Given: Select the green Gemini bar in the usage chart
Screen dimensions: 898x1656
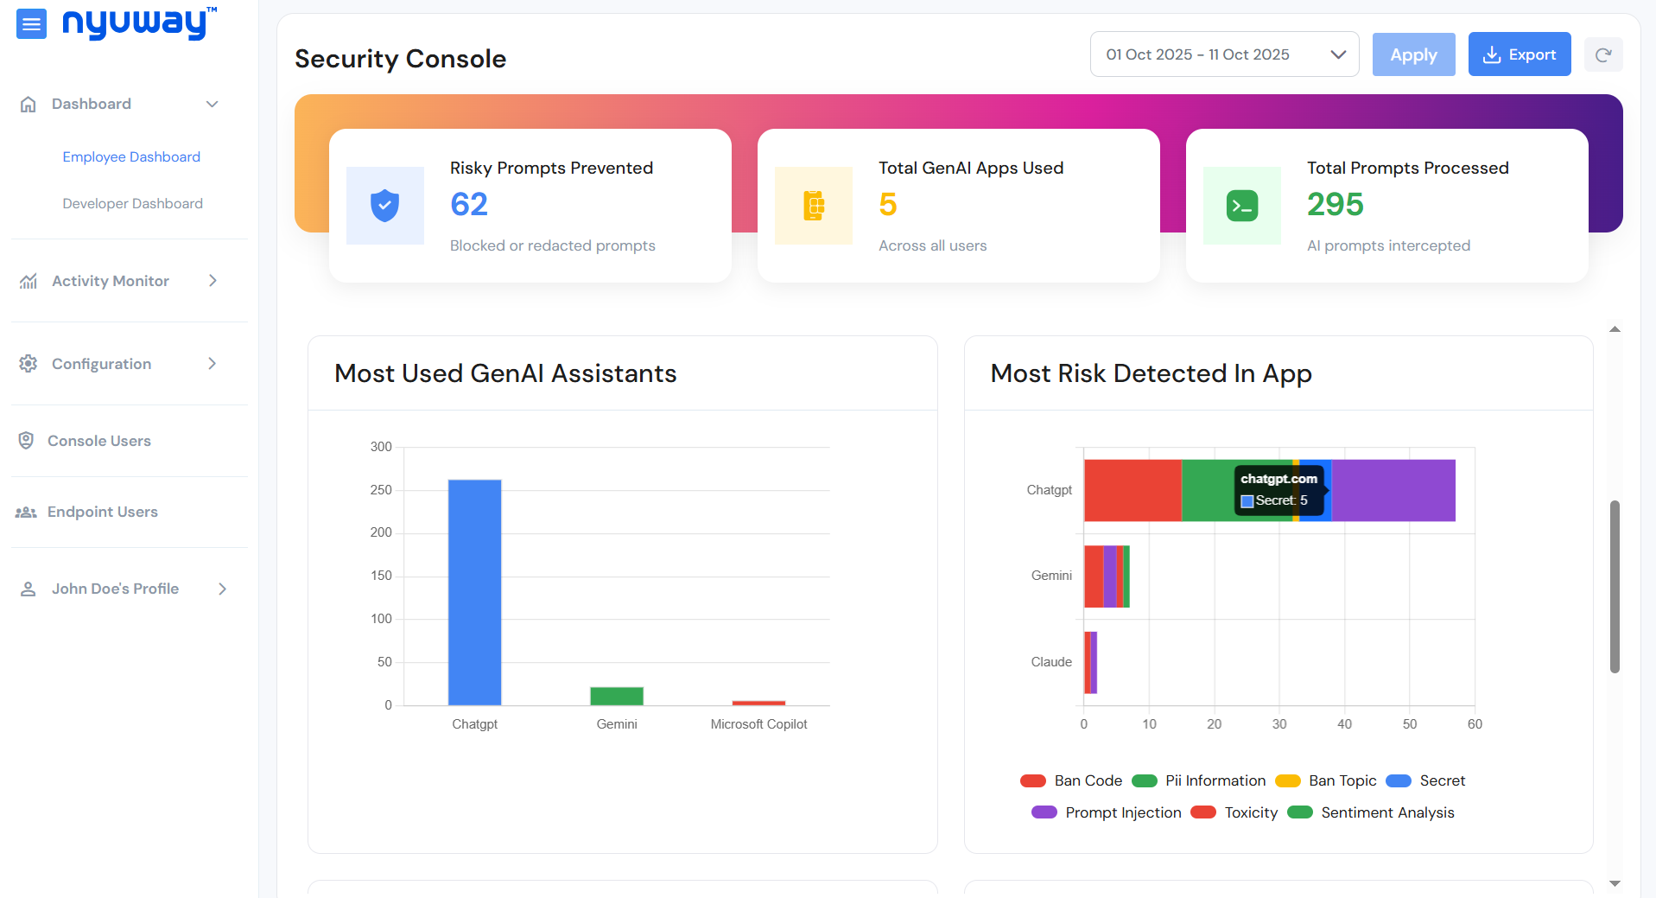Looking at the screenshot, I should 617,696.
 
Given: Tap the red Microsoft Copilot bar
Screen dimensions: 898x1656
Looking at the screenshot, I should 758,703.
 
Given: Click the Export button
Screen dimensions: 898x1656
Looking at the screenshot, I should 1519,54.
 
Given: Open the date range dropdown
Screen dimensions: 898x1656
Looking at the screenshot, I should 1224,54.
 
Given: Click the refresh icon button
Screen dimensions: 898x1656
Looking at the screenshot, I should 1602,55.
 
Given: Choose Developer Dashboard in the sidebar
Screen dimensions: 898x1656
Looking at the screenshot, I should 132,204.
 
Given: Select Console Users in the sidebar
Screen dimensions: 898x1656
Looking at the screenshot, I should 98,441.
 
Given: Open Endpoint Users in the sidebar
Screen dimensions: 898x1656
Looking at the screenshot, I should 102,512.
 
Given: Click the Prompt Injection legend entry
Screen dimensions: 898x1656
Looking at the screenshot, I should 1107,812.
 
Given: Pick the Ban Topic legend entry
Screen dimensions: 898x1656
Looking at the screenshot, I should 1326,780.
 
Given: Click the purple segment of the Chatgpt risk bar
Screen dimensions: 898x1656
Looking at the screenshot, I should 1393,490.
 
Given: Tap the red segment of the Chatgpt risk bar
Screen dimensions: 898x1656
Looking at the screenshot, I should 1132,490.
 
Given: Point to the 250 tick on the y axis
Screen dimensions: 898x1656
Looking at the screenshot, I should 381,490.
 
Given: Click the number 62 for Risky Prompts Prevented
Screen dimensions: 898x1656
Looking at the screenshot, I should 469,205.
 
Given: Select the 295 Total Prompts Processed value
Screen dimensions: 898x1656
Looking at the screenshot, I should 1335,205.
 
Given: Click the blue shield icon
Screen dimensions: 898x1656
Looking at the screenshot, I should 384,206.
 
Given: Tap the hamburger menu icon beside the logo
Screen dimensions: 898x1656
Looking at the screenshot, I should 31,24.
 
